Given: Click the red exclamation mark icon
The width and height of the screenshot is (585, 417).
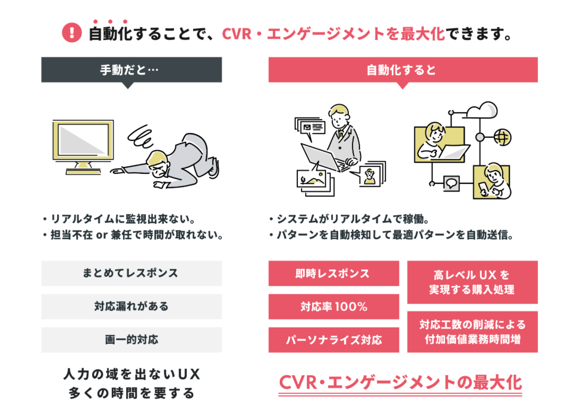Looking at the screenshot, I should coord(72,33).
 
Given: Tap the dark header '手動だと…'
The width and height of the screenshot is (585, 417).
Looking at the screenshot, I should coord(132,70).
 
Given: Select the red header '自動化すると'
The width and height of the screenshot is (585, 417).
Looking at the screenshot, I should coord(403,70).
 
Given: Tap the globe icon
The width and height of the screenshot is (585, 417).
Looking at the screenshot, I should coord(502,138).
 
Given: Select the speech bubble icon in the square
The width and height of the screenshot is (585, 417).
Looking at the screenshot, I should coord(451,184).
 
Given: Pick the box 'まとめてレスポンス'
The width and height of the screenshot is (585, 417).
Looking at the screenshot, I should coord(132,273).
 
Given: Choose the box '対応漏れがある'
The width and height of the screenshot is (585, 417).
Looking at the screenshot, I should coord(132,306).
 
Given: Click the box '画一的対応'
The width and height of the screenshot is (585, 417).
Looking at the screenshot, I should coord(132,340).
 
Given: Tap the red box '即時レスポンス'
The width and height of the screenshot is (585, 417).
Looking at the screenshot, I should coord(334,273).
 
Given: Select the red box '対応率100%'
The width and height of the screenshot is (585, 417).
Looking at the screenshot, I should coord(334,307).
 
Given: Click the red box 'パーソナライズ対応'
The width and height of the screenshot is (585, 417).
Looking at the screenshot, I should coord(334,340).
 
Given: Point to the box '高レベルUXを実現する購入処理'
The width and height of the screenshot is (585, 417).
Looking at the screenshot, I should coord(472,282).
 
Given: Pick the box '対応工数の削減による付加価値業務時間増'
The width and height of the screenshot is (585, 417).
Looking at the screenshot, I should coord(472,332).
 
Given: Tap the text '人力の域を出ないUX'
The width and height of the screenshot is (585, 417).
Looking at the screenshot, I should coord(132,374).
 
